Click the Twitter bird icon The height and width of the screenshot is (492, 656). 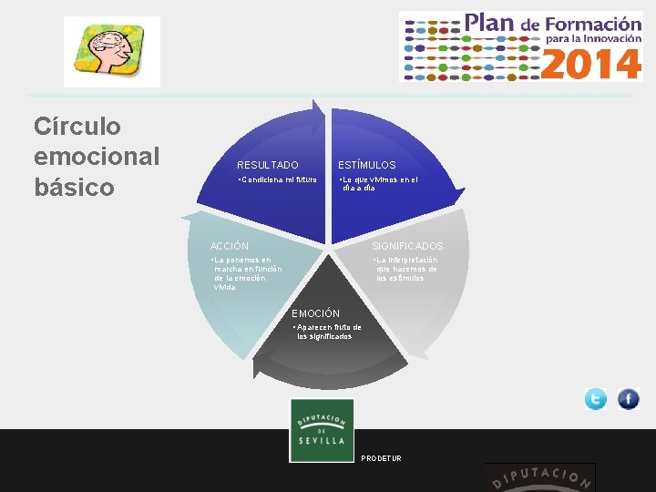tap(596, 399)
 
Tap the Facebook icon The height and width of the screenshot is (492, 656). tap(629, 399)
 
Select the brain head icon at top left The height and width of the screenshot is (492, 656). tap(111, 51)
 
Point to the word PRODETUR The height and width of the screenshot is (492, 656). tap(381, 457)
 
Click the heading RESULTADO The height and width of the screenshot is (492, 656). tap(268, 165)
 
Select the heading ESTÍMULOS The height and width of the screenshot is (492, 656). tap(367, 165)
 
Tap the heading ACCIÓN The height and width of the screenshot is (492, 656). tap(229, 246)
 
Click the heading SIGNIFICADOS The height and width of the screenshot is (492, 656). tap(407, 246)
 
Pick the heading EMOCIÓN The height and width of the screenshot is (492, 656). tap(315, 313)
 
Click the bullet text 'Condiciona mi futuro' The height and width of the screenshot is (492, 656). tap(277, 179)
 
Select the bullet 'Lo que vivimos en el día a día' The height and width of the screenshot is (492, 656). tap(377, 184)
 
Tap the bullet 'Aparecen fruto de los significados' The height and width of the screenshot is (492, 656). tap(327, 332)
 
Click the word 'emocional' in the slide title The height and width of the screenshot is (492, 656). tap(97, 156)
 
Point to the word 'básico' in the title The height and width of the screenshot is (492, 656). tap(74, 187)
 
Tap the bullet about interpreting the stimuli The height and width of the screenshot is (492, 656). tap(406, 269)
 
